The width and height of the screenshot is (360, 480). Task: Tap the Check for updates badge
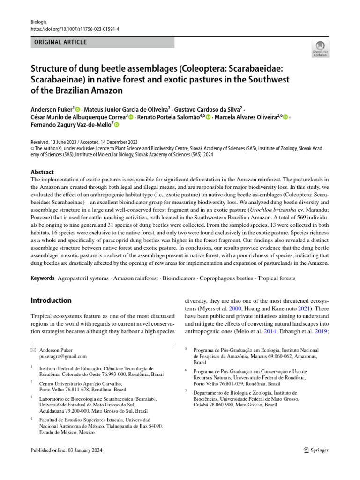click(x=321, y=49)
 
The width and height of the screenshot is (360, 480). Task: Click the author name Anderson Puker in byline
click(x=52, y=109)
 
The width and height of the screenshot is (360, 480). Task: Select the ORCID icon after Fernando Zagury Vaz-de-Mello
click(x=116, y=125)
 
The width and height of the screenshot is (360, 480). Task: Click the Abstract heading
click(x=42, y=172)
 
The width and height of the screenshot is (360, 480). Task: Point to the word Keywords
click(x=43, y=278)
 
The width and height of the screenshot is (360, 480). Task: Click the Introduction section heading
click(x=52, y=300)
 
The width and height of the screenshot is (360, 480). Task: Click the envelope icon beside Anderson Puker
click(x=33, y=350)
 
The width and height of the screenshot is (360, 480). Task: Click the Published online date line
click(x=66, y=450)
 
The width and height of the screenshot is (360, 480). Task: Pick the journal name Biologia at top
click(x=39, y=22)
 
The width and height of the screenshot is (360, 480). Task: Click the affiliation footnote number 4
click(x=31, y=418)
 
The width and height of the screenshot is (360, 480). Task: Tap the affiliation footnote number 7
click(x=186, y=391)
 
